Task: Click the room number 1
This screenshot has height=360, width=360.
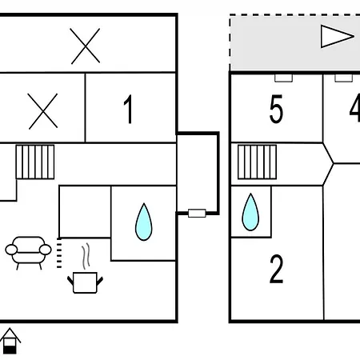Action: [129, 109]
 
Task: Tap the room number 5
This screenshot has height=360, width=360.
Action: [276, 109]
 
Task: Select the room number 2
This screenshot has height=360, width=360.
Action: [276, 269]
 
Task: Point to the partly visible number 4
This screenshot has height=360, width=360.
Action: [355, 108]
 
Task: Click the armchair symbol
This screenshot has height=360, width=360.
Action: [28, 253]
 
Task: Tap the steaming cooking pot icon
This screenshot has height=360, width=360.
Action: [85, 282]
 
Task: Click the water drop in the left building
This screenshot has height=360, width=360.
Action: [144, 222]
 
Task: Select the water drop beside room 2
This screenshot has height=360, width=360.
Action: [250, 212]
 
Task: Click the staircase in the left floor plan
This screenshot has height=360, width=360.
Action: [35, 162]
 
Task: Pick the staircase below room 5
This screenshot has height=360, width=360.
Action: [257, 162]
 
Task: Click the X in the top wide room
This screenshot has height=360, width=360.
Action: [86, 46]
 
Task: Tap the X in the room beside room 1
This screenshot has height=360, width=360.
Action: [43, 111]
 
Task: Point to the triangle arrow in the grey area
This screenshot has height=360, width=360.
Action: [338, 37]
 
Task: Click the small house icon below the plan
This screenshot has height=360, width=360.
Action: [10, 341]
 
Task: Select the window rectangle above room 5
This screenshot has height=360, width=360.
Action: [284, 78]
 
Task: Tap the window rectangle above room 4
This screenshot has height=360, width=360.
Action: [344, 78]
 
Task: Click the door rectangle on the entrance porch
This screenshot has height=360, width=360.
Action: [197, 214]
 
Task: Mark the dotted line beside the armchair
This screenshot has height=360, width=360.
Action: [59, 253]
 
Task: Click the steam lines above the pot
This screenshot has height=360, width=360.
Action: [86, 256]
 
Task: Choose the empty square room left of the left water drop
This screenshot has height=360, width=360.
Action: [85, 212]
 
